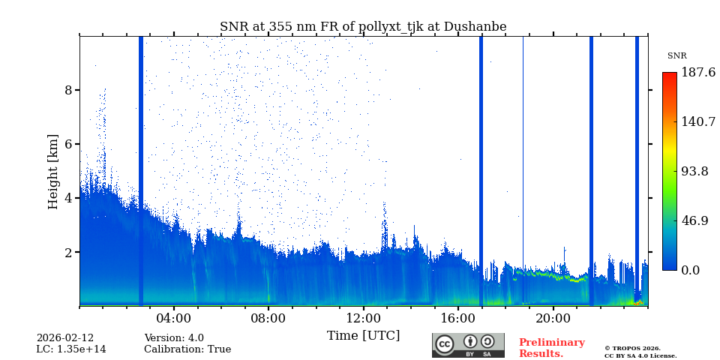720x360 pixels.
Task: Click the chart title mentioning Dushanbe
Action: coord(363,27)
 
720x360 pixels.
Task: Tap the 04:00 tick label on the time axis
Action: coord(174,318)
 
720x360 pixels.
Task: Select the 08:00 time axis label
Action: coord(268,318)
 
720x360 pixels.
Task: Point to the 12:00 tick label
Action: coord(363,318)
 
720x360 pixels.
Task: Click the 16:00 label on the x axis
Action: coord(458,318)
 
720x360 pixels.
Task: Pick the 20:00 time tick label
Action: coord(553,318)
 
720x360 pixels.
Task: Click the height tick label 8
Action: coord(68,90)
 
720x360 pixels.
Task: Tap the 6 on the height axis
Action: coord(68,144)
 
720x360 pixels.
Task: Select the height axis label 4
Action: coord(68,198)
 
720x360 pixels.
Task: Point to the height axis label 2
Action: coord(68,252)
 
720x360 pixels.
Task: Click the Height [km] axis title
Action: coord(53,171)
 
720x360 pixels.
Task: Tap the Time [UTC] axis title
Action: coord(363,335)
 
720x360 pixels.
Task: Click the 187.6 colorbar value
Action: coord(697,73)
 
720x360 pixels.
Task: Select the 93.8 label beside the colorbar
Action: coord(694,171)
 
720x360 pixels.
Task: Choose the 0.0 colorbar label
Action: coord(690,270)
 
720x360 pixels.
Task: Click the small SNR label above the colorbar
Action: coord(676,56)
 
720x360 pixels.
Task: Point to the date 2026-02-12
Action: coord(65,338)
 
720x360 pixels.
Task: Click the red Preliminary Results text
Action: coord(551,348)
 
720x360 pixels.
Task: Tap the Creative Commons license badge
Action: coord(468,345)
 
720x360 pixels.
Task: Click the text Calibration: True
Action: coord(187,349)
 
